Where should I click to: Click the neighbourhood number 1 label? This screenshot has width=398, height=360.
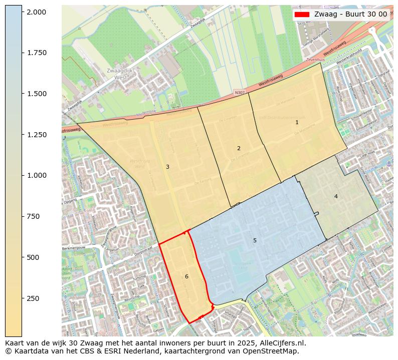coord(297,122)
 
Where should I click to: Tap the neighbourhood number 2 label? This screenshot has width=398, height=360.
coord(239,148)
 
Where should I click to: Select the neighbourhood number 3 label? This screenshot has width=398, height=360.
coord(167,167)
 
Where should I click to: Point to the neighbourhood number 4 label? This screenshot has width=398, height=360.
coord(336,196)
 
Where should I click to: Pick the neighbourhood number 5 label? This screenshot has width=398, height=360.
coord(255,241)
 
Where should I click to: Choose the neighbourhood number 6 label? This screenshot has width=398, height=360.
coord(186,276)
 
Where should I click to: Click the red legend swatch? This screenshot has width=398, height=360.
coord(302,14)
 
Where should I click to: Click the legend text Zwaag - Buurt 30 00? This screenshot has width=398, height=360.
coord(350,14)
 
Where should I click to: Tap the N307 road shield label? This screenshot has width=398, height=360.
coord(240,93)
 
